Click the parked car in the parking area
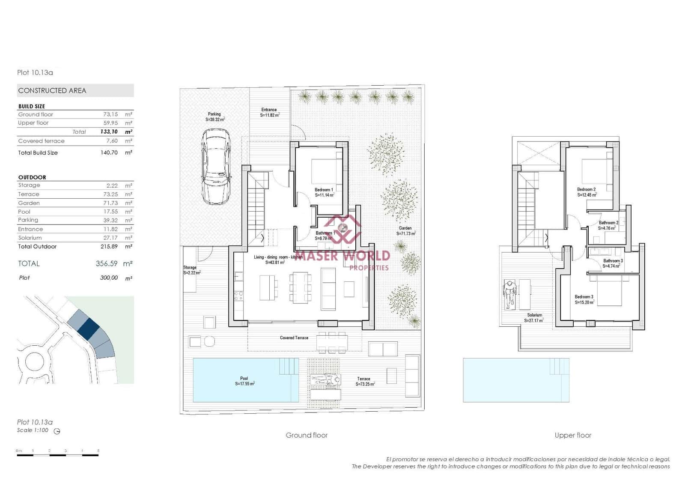217,167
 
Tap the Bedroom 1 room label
324,192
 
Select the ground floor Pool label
244,381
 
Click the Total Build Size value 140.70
109,152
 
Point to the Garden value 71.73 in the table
110,203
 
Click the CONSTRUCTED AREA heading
52,90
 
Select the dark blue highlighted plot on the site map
89,329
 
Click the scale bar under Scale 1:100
58,455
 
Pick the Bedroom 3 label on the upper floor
584,299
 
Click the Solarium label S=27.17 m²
534,317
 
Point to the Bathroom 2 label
608,225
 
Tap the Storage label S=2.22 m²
191,270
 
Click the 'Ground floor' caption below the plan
307,435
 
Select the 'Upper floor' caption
573,435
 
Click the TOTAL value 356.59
107,264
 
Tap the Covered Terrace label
294,338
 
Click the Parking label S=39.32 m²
214,117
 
